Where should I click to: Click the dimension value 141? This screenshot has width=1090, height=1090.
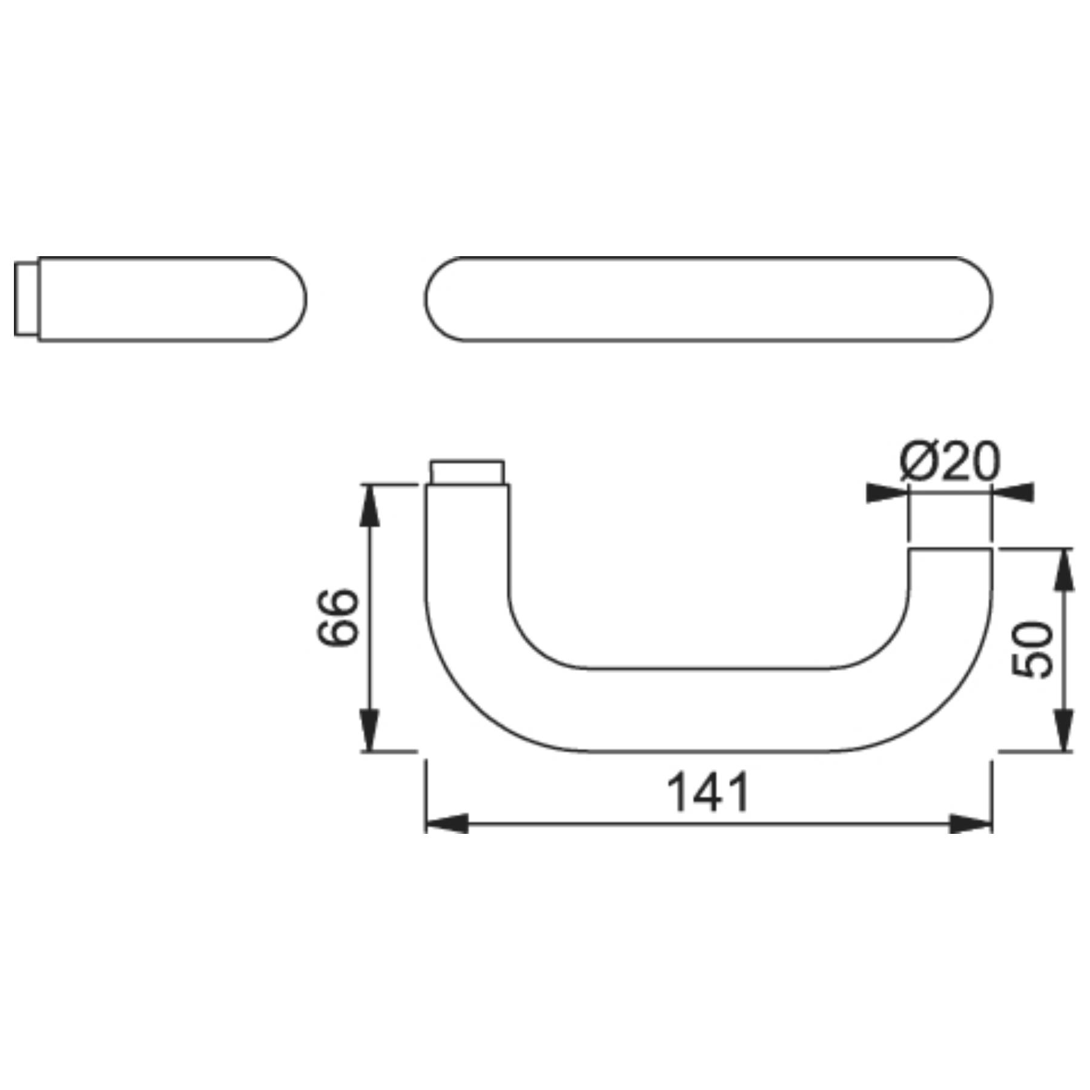708,792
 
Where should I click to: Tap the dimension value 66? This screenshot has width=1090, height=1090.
338,617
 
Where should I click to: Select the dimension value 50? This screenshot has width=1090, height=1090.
1032,650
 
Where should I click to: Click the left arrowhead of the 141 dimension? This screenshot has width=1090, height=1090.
447,824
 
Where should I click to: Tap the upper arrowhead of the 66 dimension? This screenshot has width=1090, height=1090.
371,505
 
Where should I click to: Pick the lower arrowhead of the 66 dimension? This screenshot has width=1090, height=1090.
371,730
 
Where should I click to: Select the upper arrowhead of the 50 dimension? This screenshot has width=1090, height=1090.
1065,569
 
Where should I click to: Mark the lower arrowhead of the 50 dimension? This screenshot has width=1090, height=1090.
1065,730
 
